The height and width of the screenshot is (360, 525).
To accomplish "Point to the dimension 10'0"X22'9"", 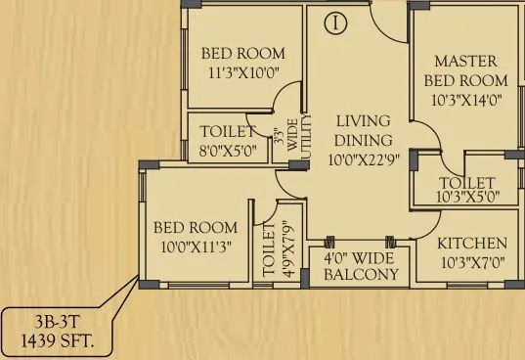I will click(363, 158).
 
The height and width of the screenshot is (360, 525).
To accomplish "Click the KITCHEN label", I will click(471, 243).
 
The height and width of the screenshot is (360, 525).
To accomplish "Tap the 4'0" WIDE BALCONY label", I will click(361, 267).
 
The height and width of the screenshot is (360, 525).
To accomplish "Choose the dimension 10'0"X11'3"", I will click(196, 247).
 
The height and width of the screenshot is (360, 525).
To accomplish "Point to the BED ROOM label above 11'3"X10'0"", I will click(243, 53).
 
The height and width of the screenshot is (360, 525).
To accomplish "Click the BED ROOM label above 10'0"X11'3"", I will click(196, 228).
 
